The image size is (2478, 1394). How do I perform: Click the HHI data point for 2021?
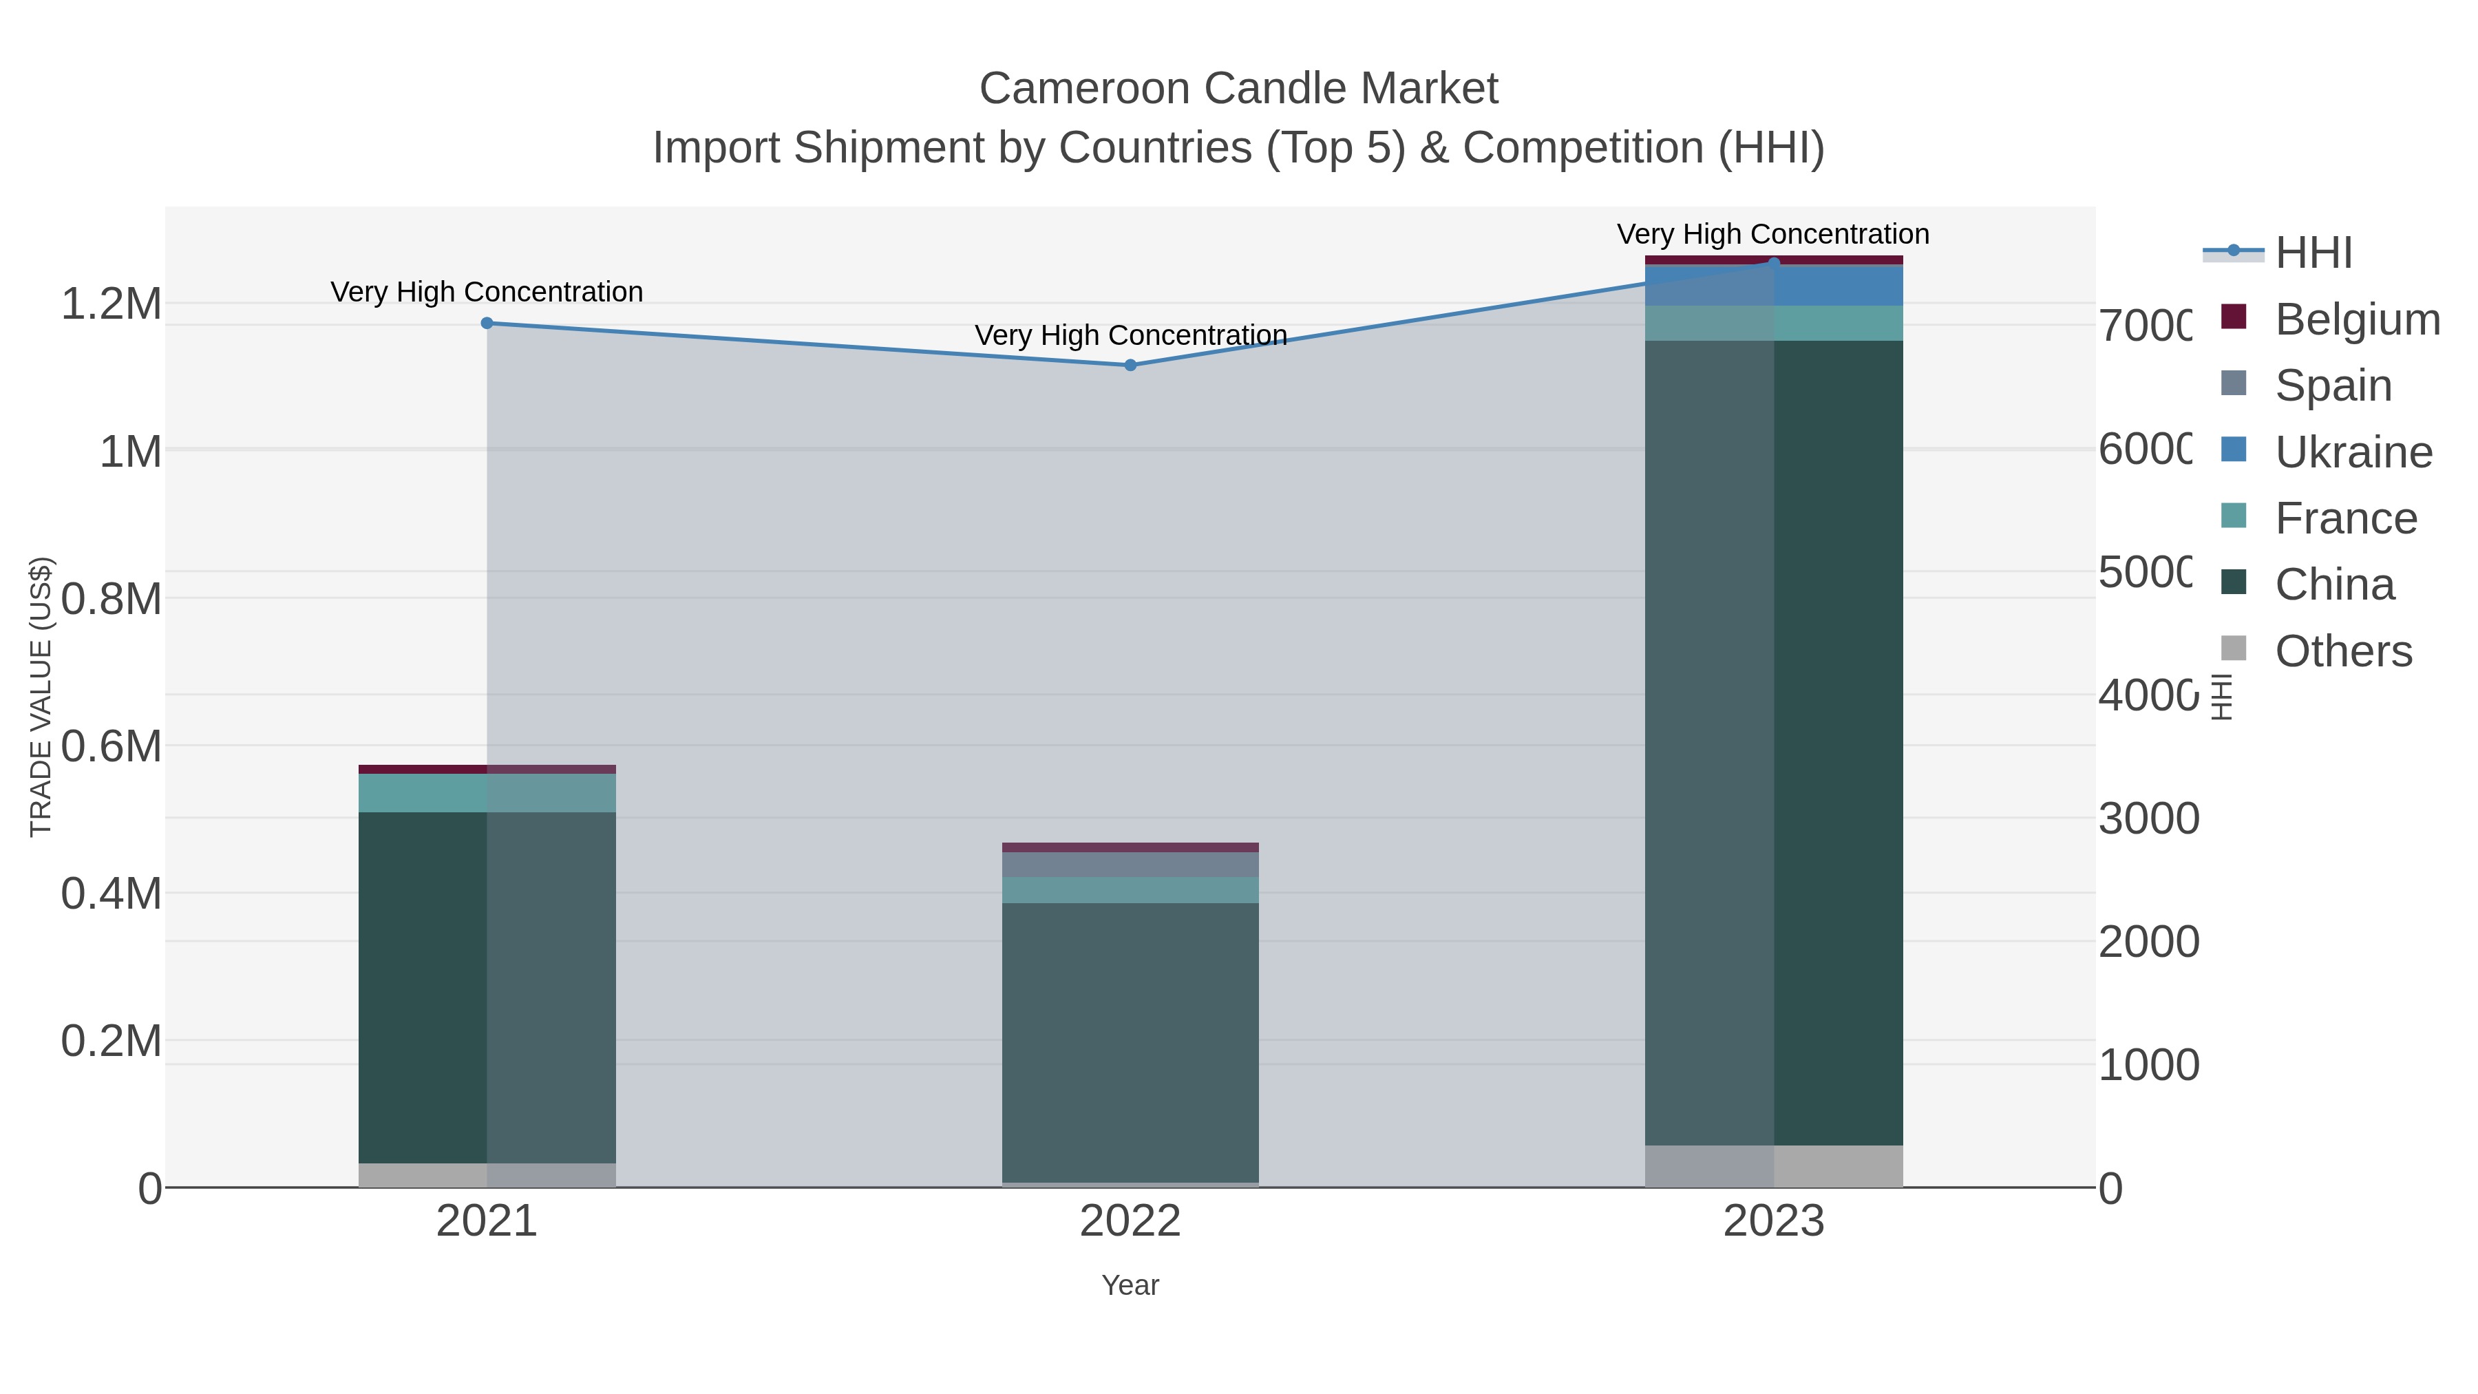(x=487, y=324)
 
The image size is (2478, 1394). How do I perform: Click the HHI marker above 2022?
(x=1130, y=366)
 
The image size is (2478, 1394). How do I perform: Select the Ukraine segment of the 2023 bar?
(x=1773, y=286)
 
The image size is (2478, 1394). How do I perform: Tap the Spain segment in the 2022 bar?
(x=1130, y=865)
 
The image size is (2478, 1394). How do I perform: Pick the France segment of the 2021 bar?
(x=487, y=794)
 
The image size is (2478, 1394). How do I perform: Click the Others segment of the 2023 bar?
(x=1773, y=1166)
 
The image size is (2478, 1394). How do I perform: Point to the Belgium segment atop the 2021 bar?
(x=487, y=770)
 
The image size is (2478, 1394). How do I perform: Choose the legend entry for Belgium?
(x=2356, y=319)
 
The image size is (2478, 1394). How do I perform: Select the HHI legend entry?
(x=2313, y=253)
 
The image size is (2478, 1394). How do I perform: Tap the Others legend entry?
(x=2342, y=651)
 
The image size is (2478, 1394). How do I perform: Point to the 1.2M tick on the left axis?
(x=112, y=304)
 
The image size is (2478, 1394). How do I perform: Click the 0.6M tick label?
(x=112, y=746)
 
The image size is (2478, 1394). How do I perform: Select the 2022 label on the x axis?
(x=1130, y=1222)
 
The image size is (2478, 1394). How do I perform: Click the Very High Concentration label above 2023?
(x=1773, y=235)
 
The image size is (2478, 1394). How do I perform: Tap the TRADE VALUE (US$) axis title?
(x=41, y=697)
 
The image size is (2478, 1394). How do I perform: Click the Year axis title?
(x=1130, y=1285)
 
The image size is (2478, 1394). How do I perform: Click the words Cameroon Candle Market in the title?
(x=1238, y=89)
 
